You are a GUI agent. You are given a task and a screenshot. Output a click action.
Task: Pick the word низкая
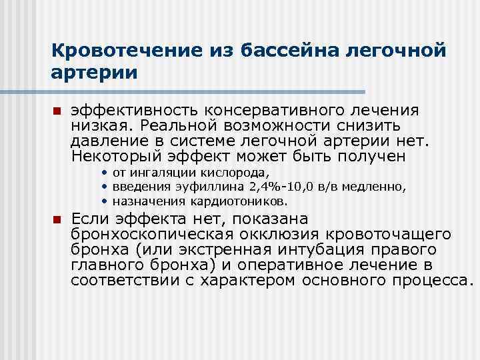[101, 126]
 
